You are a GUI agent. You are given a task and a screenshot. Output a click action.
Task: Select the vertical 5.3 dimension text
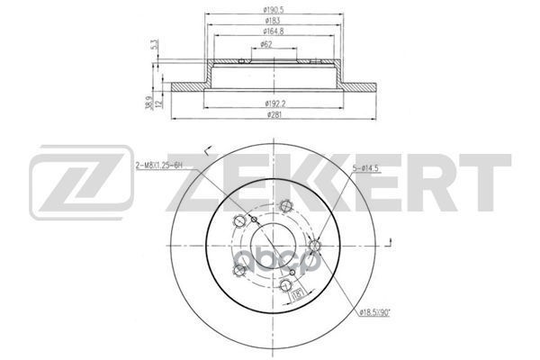coord(156,45)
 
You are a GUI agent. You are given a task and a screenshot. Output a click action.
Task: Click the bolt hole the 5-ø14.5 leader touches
coord(315,245)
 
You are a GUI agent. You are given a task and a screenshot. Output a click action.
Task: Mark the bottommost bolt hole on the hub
coord(285,287)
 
